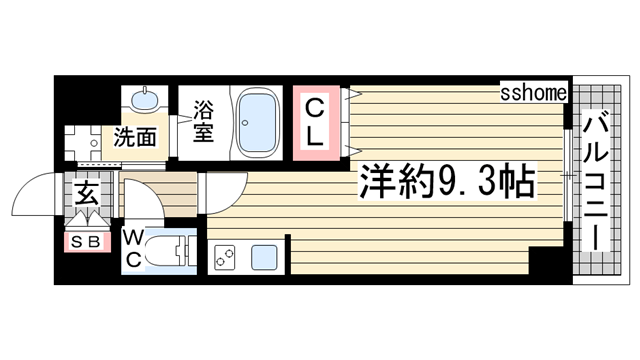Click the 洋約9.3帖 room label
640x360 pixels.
click(444, 182)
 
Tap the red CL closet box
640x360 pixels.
click(315, 123)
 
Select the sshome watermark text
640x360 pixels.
click(535, 93)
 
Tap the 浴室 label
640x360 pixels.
click(203, 120)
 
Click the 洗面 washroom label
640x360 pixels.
click(134, 138)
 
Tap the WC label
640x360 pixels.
click(134, 248)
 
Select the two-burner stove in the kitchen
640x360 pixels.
click(224, 257)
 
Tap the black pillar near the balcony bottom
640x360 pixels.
click(547, 264)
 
